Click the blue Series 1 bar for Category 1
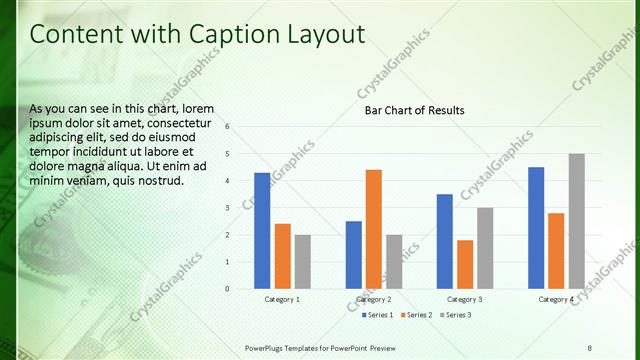pos(262,231)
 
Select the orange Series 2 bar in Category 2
pos(374,229)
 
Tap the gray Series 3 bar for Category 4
pos(577,221)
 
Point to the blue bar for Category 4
pos(536,228)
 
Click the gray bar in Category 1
pos(302,262)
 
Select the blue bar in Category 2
pos(354,255)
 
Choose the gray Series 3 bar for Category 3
pos(485,248)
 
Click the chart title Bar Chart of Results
pos(414,110)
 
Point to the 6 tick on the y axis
pos(228,127)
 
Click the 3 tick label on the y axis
pos(228,208)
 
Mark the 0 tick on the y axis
pos(228,289)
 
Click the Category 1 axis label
pos(282,300)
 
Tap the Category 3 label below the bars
pos(464,300)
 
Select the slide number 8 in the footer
pos(590,346)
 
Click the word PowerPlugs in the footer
pos(268,346)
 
